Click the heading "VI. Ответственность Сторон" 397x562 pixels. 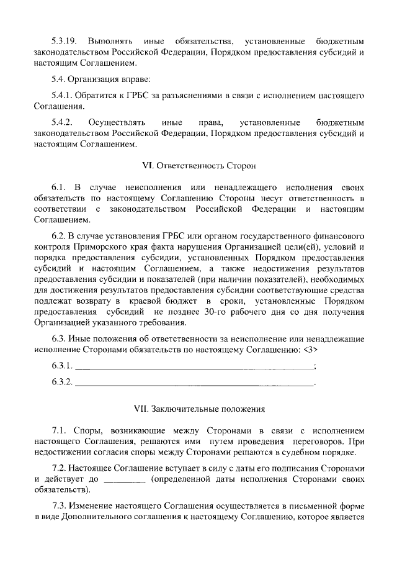199,166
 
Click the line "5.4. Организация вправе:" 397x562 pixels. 97,79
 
